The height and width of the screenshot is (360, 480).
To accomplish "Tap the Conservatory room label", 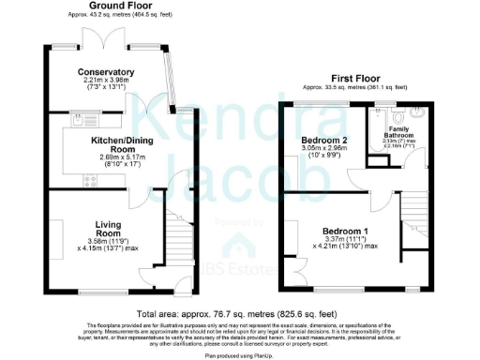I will click(x=106, y=72).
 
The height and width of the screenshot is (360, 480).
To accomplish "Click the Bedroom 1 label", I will click(x=345, y=231).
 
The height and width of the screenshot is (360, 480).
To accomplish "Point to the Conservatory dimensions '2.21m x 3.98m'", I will click(x=106, y=82).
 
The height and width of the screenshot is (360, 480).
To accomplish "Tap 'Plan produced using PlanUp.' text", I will click(x=240, y=354).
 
